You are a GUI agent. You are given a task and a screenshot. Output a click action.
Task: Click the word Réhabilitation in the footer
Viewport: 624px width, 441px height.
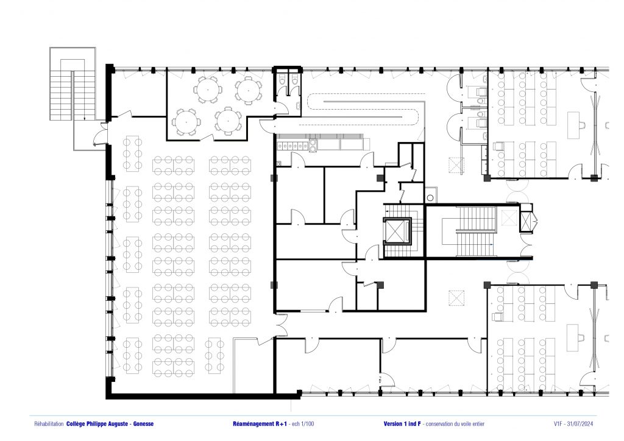[49, 424]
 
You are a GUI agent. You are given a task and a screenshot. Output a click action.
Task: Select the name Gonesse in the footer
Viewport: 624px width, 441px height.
[143, 424]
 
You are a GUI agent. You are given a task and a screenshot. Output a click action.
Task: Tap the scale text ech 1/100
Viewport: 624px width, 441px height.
[303, 424]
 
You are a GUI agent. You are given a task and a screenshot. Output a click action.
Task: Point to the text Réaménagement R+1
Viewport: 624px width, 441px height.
[260, 424]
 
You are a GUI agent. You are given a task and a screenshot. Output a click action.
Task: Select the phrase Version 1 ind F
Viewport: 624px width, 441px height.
[402, 424]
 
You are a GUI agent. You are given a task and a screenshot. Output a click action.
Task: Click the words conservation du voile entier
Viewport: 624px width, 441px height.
[455, 424]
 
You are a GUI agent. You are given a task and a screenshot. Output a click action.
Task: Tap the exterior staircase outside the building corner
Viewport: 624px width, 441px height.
[73, 83]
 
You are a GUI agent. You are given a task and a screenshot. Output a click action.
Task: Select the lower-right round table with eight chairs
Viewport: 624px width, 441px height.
[228, 121]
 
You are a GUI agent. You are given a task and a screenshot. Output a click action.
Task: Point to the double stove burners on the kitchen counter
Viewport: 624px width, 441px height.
[313, 146]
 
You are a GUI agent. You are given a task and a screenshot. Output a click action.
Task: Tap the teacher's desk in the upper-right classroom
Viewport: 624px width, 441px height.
[573, 125]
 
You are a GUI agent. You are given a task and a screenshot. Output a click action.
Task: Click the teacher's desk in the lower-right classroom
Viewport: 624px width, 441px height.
[573, 337]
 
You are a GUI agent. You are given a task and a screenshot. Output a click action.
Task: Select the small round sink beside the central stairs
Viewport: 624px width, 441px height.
[430, 197]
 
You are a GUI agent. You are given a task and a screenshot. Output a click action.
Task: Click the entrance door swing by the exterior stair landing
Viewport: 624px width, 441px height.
[100, 135]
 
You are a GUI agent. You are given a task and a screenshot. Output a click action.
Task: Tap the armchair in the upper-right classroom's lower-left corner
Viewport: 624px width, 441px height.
[498, 146]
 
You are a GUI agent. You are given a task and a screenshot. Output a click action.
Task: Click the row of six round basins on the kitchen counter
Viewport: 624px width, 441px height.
[294, 146]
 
